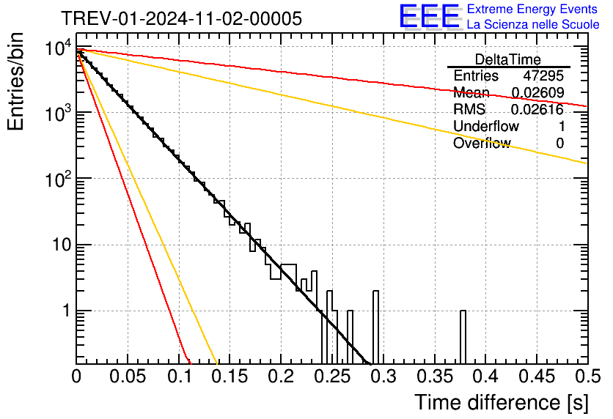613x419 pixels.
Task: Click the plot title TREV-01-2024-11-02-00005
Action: (181, 19)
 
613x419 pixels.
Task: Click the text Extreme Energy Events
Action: (532, 10)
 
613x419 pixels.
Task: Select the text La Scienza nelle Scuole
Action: (533, 25)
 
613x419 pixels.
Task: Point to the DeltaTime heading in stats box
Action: (508, 59)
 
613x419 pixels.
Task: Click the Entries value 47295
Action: (543, 76)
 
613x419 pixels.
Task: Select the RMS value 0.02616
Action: (537, 110)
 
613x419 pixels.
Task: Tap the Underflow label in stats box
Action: (485, 127)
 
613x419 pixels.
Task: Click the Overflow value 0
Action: (559, 144)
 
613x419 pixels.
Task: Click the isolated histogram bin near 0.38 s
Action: (463, 337)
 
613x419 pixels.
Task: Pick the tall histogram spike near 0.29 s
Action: (376, 326)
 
